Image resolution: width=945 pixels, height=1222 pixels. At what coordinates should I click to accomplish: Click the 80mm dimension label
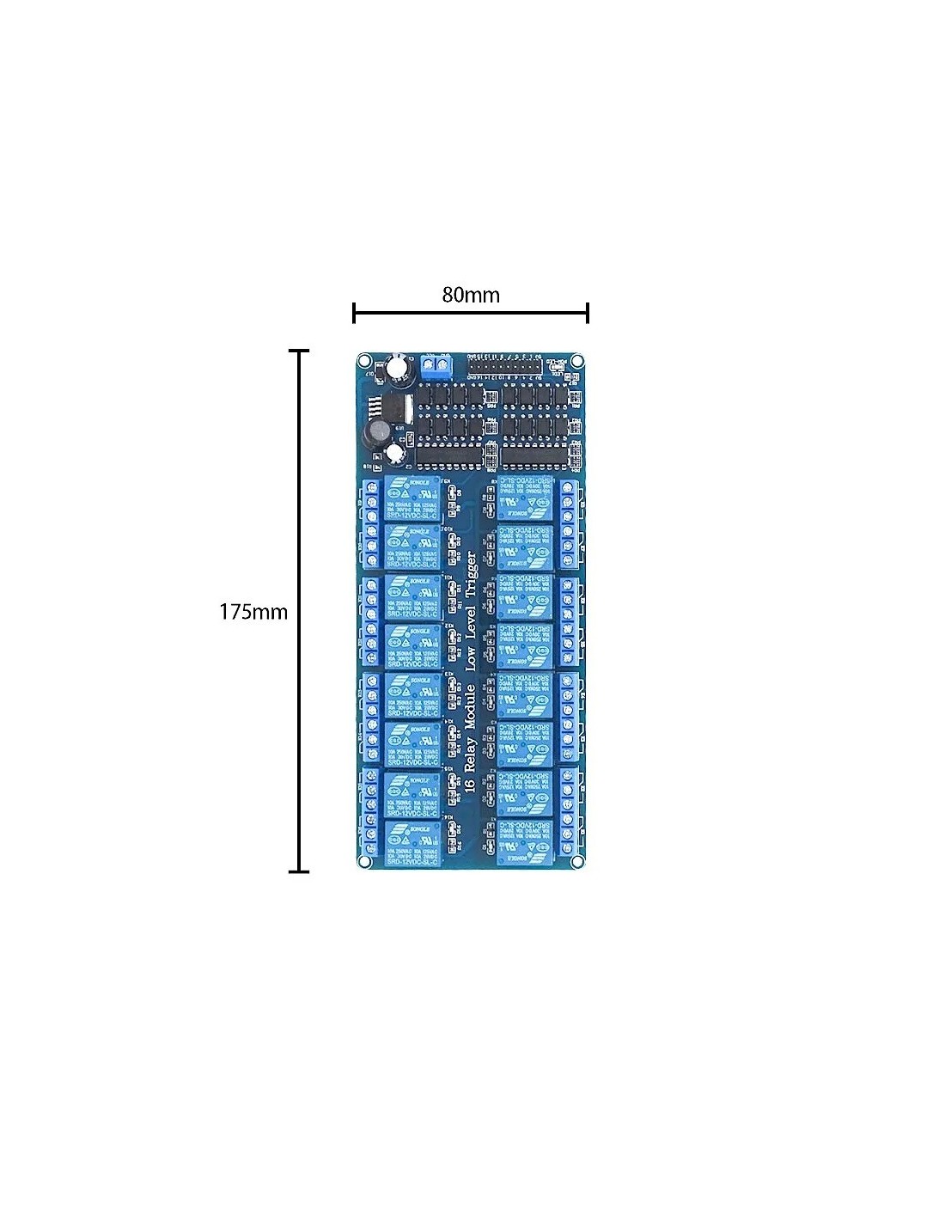471,295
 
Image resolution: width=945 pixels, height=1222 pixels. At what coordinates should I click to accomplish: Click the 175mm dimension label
253,612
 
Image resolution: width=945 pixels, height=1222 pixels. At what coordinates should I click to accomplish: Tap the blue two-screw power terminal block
437,368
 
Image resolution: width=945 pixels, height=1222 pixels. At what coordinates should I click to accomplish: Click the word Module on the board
470,708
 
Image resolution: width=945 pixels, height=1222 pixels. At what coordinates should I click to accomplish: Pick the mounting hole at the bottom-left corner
365,860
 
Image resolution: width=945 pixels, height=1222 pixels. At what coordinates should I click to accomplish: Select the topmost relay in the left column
412,496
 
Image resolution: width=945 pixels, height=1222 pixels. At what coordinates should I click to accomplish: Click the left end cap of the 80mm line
354,313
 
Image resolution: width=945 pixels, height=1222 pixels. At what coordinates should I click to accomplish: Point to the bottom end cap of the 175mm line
299,871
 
